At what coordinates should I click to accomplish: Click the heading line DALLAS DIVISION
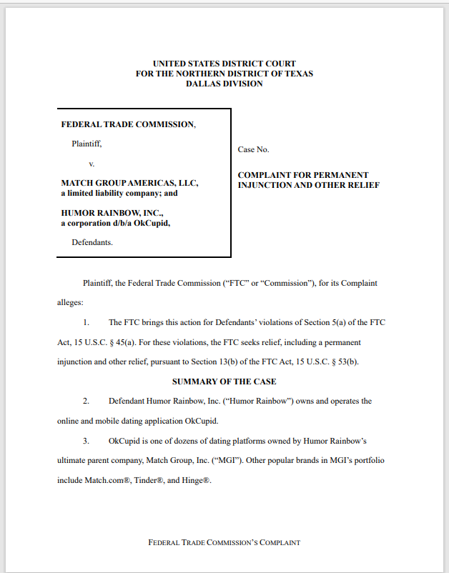(x=224, y=84)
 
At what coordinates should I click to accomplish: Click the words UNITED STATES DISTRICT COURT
(x=224, y=64)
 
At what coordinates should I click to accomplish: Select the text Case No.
(x=253, y=149)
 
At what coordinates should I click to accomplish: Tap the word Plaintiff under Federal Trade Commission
(x=87, y=144)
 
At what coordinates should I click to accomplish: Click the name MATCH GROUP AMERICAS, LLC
(x=129, y=183)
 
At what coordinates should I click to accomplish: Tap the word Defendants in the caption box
(x=92, y=242)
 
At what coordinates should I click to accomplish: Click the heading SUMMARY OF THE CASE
(x=224, y=382)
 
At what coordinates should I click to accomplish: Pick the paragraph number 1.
(x=86, y=322)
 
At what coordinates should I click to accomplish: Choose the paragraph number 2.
(x=86, y=401)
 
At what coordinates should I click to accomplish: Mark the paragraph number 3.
(x=86, y=440)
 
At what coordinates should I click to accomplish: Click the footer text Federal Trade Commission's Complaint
(x=224, y=542)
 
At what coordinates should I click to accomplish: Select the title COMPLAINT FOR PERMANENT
(x=303, y=175)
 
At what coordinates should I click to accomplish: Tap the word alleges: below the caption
(x=70, y=302)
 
